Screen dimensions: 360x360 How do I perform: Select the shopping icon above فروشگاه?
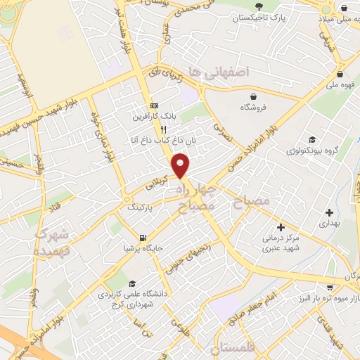coord(253,96)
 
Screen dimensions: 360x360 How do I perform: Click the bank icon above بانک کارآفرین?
coord(154,106)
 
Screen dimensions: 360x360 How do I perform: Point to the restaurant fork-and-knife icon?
coord(162,129)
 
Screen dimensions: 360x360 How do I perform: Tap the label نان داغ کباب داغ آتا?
coord(151,141)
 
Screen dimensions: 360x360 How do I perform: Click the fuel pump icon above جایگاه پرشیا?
coord(143,237)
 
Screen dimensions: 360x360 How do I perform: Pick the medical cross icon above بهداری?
coord(329,212)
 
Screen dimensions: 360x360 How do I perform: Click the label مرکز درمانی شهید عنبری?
coord(280,242)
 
